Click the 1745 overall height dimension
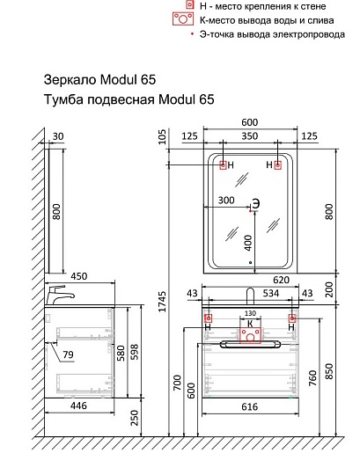coord(163,301)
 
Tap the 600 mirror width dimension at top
coord(250,122)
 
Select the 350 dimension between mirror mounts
coord(250,136)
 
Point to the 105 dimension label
coord(162,136)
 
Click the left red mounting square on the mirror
coord(223,165)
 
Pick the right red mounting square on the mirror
coord(277,165)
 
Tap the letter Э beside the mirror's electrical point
coord(256,203)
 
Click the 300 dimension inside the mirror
coord(226,201)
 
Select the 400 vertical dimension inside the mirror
coord(248,243)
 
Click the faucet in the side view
coord(60,295)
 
